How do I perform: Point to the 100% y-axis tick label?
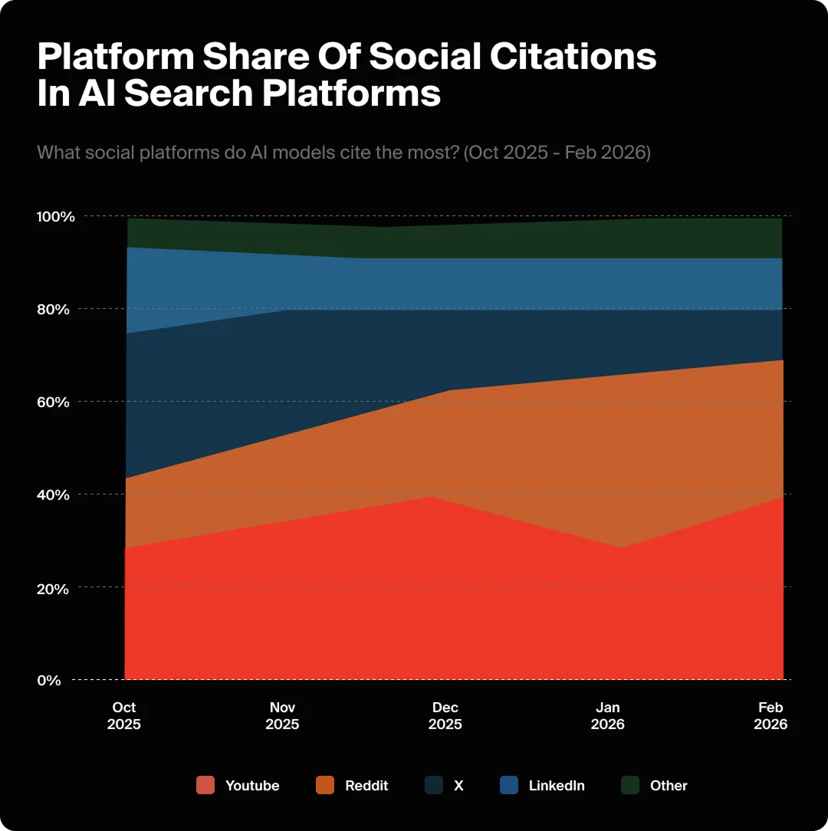(x=56, y=217)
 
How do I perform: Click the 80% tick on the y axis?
(x=54, y=310)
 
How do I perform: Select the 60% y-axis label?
(x=54, y=402)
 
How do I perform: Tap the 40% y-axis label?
(x=54, y=495)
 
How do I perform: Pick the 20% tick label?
(x=54, y=588)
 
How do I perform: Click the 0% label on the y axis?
(x=48, y=681)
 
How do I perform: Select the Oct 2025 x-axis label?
(x=124, y=716)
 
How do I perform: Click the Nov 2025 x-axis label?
(x=282, y=716)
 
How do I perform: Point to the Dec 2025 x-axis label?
(x=445, y=716)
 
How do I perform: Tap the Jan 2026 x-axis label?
(x=608, y=716)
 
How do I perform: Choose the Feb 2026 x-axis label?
(x=770, y=716)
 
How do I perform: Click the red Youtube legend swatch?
(x=205, y=785)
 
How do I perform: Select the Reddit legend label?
(x=366, y=786)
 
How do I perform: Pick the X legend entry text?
(x=458, y=786)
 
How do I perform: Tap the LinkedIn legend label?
(x=557, y=786)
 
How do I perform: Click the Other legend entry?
(x=669, y=786)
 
